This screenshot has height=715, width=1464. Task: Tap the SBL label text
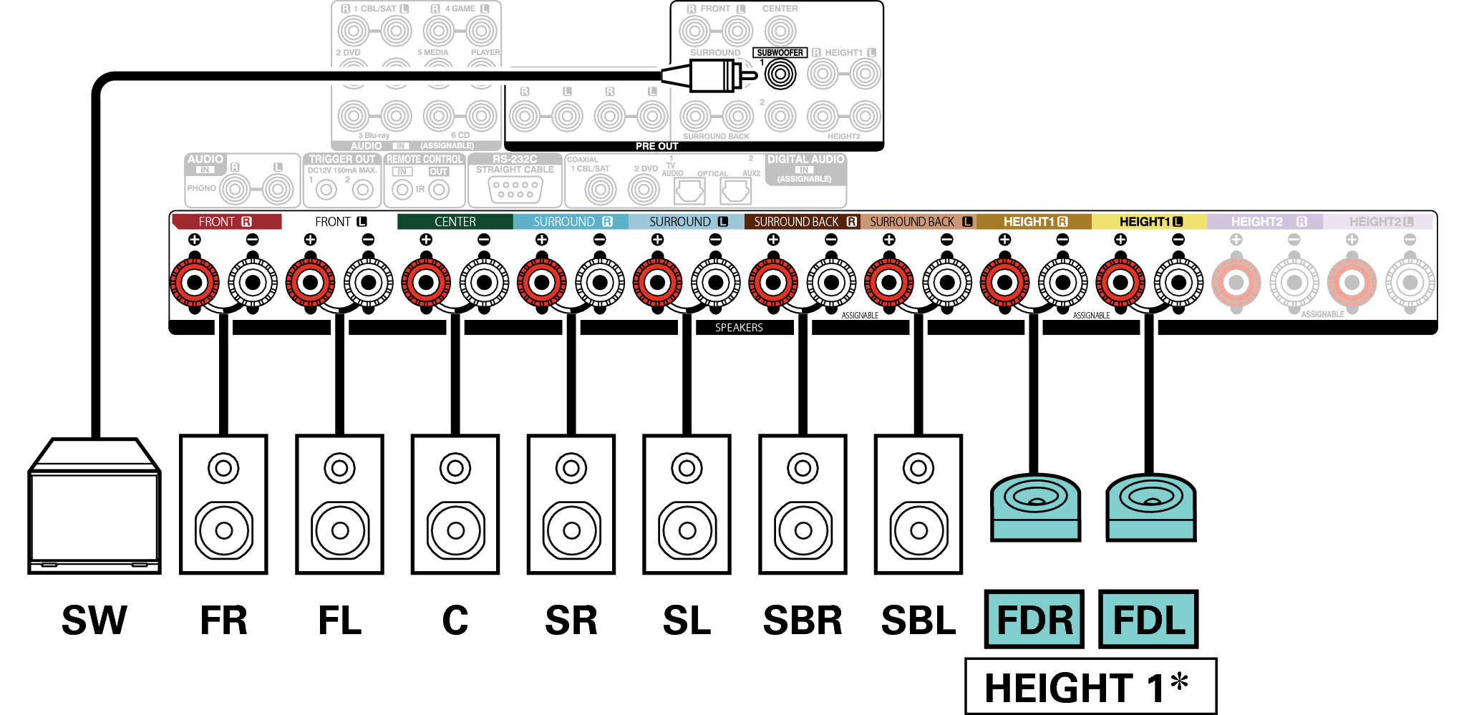(x=918, y=621)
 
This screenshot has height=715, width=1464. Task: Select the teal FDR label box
(x=1034, y=620)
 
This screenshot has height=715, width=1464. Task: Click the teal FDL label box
(x=1148, y=620)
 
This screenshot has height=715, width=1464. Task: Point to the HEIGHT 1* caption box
(x=1090, y=686)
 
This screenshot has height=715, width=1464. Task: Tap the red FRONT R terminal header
(x=226, y=222)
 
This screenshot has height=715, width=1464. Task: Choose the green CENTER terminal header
(x=455, y=222)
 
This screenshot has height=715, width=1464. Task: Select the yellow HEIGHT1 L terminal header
(x=1149, y=222)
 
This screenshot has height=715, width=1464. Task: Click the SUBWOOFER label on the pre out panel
(x=780, y=53)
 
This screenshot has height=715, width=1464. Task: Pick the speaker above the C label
(x=455, y=504)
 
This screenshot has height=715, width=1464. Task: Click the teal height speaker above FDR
(x=1035, y=507)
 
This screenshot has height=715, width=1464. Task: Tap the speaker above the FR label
(x=223, y=504)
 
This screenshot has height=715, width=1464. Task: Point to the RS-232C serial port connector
(x=515, y=189)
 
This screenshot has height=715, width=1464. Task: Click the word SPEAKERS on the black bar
(x=739, y=328)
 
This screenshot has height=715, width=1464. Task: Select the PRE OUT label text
(x=656, y=146)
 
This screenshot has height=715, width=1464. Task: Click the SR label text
(x=571, y=621)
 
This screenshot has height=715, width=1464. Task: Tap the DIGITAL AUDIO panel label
(x=805, y=160)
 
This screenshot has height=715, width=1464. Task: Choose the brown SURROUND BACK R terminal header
(x=803, y=222)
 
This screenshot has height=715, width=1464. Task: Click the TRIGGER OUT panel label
(x=342, y=160)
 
